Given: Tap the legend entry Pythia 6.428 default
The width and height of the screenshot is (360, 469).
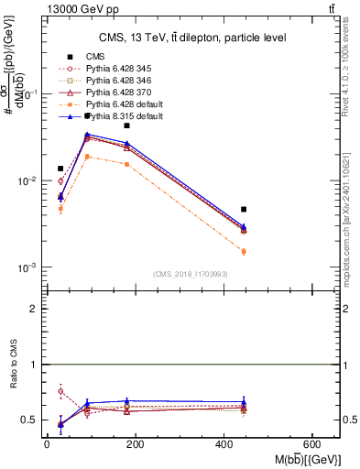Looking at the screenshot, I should (119, 104).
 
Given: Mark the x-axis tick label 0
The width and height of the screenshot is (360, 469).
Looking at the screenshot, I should (47, 443).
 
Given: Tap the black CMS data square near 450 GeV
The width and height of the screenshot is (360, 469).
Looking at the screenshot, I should (244, 210).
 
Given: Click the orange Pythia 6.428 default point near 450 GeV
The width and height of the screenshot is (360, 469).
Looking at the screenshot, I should (244, 251).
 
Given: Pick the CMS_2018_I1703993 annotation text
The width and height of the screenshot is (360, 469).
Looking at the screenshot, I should (191, 274).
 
